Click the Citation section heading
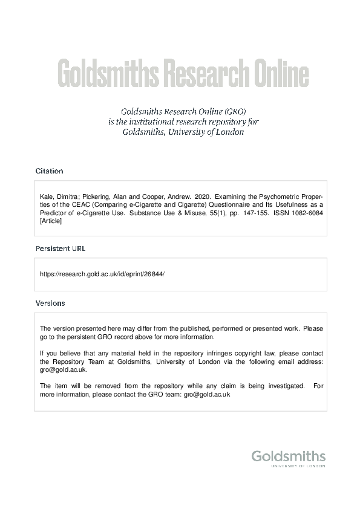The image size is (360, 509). point(49,171)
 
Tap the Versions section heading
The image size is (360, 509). point(50,303)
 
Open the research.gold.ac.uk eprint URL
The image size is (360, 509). point(102,274)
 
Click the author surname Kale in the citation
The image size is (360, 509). point(46,197)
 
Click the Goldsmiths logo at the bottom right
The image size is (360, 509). point(288,456)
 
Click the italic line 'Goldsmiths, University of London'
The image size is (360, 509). point(183,132)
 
